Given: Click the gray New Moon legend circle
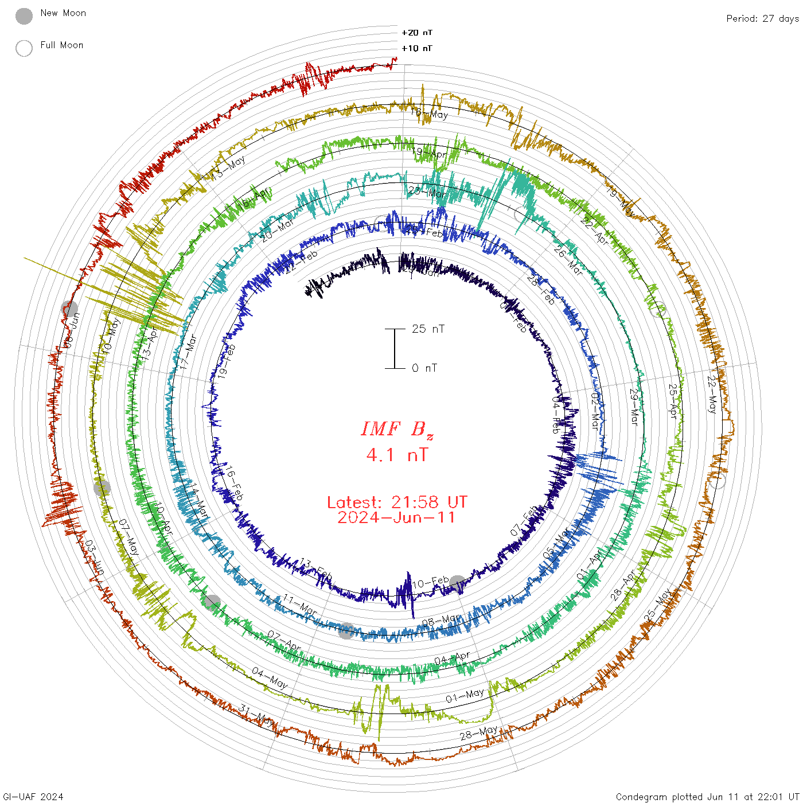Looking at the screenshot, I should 24,17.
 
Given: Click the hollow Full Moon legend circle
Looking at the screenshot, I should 24,48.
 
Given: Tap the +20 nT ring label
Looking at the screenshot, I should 417,33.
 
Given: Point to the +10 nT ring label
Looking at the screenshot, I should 417,48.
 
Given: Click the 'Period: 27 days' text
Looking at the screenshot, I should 762,18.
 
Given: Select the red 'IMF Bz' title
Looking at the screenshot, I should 397,429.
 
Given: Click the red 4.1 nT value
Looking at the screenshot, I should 397,455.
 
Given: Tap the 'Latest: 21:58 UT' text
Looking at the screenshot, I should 397,502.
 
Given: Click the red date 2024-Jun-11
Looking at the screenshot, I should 397,517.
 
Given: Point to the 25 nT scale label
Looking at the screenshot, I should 428,329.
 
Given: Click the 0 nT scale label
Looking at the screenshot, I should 424,368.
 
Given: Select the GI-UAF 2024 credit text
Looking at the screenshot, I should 33,797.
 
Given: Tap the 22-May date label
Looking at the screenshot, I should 712,395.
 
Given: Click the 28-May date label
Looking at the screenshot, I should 478,733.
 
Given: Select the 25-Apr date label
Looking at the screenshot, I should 673,401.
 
